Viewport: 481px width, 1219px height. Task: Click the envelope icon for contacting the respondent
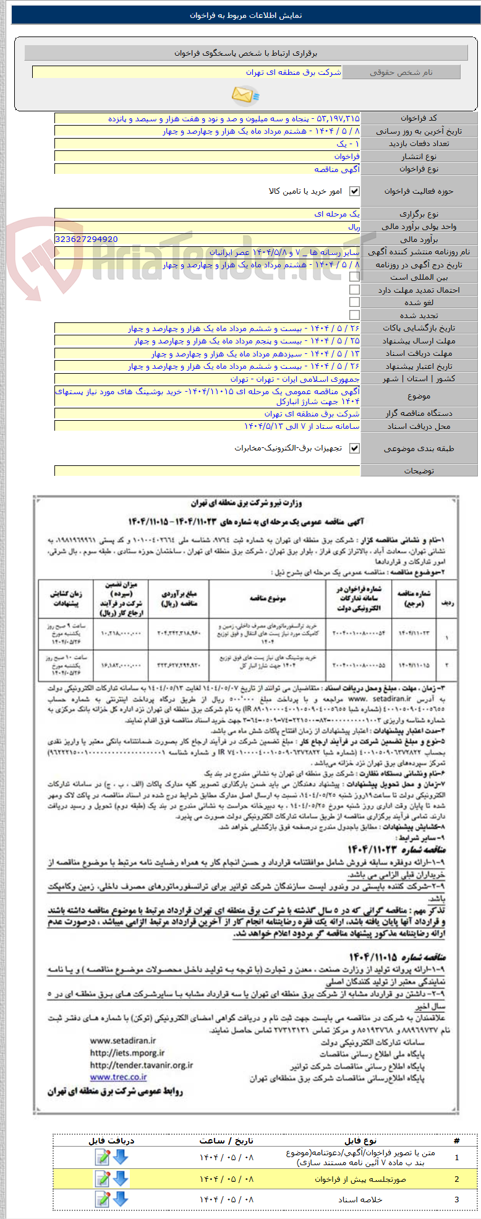point(245,95)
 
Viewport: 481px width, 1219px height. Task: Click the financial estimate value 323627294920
point(87,239)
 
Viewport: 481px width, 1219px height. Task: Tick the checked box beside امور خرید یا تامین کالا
point(354,191)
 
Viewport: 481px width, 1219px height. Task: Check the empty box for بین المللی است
point(354,277)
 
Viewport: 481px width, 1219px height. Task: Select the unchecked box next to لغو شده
point(354,302)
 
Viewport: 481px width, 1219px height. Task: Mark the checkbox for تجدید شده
point(354,315)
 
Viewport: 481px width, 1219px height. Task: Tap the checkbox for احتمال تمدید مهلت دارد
point(354,290)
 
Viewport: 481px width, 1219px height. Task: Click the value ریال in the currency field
point(354,226)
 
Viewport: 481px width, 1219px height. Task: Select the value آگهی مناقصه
point(337,169)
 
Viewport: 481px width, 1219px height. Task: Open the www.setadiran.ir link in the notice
point(123,1041)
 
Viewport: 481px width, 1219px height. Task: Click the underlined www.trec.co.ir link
point(118,1077)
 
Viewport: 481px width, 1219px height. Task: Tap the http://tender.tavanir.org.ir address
point(142,1066)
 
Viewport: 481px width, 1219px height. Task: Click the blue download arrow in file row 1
point(121,1157)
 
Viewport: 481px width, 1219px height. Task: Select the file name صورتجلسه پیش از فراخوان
point(360,1179)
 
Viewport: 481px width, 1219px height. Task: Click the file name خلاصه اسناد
point(360,1200)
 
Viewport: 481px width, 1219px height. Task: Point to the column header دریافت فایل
point(111,1140)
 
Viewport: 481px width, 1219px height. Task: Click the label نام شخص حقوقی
point(401,72)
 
